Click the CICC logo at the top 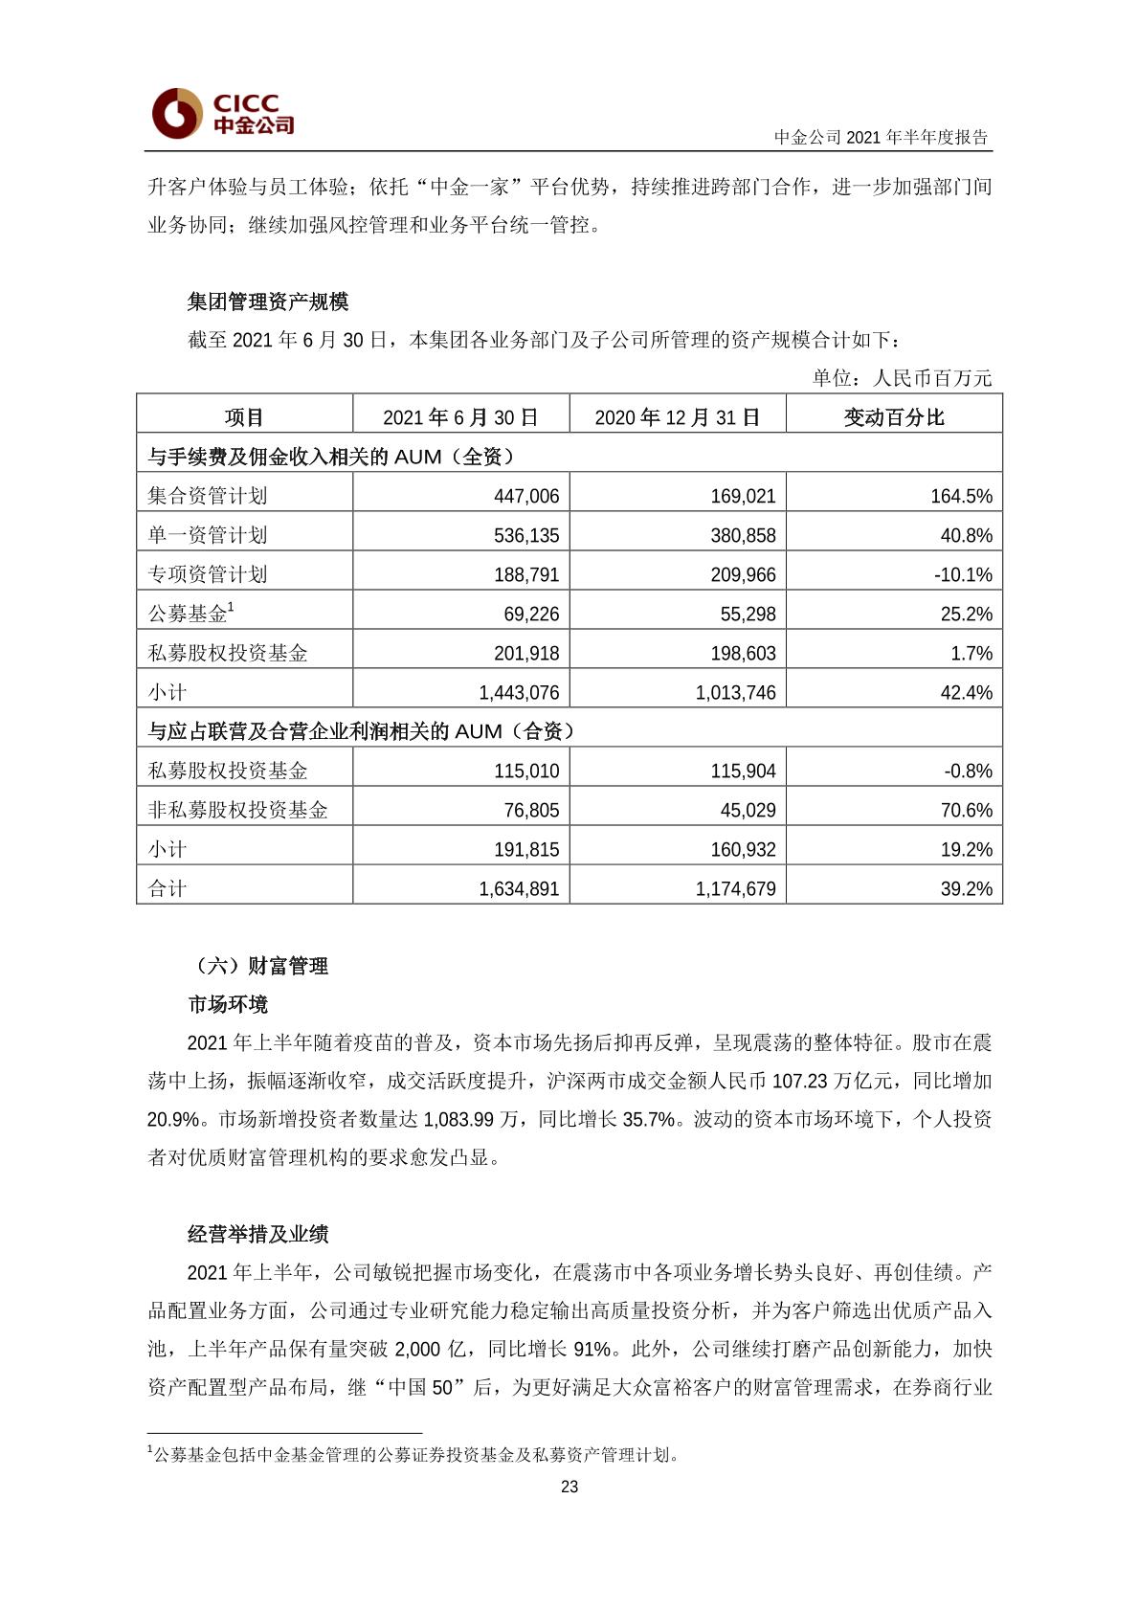point(223,113)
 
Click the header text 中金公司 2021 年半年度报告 point(881,137)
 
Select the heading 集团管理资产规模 point(268,302)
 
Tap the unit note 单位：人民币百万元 point(902,378)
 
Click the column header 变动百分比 point(894,417)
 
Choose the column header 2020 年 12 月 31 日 point(678,417)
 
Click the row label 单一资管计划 point(208,535)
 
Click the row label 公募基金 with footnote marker point(191,614)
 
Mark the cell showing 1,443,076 point(519,692)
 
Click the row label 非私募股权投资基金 point(237,810)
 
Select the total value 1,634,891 point(519,888)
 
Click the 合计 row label point(167,888)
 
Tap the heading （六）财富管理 point(258,966)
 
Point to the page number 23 point(569,1487)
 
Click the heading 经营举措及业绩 point(258,1234)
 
